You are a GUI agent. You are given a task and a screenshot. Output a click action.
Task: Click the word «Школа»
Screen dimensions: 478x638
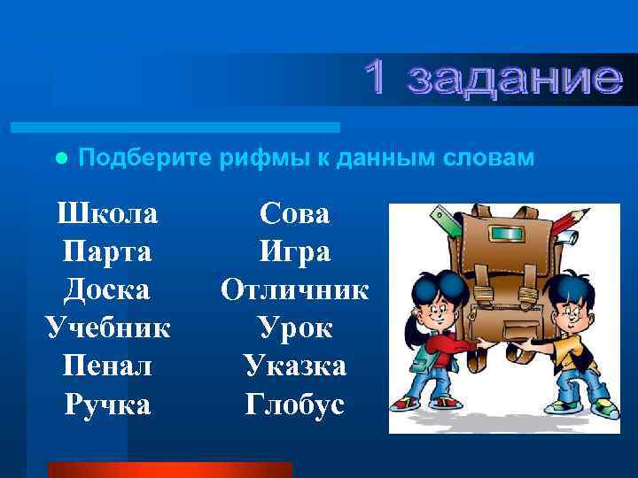pyautogui.click(x=107, y=213)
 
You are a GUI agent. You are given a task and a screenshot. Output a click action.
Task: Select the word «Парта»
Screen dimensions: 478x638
pyautogui.click(x=107, y=252)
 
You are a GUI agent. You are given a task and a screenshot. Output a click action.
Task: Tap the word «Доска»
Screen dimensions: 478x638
pyautogui.click(x=107, y=289)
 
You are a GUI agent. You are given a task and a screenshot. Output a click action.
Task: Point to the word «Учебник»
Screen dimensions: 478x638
pyautogui.click(x=107, y=328)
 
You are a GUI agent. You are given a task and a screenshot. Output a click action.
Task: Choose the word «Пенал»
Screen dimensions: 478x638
pyautogui.click(x=107, y=366)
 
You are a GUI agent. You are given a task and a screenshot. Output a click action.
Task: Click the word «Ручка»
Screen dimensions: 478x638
pyautogui.click(x=107, y=404)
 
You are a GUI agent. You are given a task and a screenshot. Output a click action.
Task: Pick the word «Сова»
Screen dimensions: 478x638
pyautogui.click(x=294, y=213)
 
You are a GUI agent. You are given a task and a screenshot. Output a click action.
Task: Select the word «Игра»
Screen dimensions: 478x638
pyautogui.click(x=294, y=252)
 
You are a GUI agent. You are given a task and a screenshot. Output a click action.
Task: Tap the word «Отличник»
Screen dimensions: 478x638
pyautogui.click(x=294, y=289)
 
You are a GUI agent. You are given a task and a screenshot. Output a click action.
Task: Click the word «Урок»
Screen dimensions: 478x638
pyautogui.click(x=294, y=328)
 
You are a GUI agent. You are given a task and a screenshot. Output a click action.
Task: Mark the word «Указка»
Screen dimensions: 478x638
pyautogui.click(x=294, y=366)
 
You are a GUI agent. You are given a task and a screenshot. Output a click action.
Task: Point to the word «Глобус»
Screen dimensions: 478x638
pyautogui.click(x=294, y=404)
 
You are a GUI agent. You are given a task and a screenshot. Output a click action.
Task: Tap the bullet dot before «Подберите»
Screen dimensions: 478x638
pyautogui.click(x=60, y=158)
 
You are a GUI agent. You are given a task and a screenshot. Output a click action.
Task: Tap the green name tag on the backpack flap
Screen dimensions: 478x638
pyautogui.click(x=507, y=234)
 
